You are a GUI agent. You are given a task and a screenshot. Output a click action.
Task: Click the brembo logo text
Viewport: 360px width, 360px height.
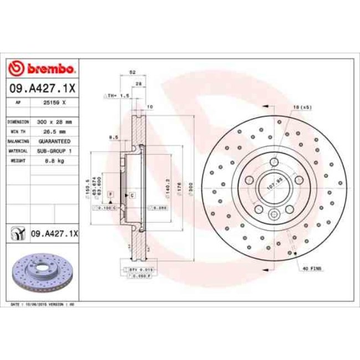point(43,69)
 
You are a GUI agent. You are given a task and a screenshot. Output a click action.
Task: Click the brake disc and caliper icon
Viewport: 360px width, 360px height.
point(18,234)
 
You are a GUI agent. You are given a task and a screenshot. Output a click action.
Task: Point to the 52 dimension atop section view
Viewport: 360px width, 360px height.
point(132,73)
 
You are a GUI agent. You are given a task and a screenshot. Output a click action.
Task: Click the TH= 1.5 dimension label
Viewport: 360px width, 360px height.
point(118,96)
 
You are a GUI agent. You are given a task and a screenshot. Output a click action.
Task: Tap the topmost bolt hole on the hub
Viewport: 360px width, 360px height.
point(274,161)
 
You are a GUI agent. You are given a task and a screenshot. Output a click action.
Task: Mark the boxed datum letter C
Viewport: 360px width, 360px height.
point(132,195)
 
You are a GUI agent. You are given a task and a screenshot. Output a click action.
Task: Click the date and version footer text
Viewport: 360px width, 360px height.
point(43,305)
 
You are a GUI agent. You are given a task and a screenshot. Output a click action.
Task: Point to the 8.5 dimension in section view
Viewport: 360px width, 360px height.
point(115,137)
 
